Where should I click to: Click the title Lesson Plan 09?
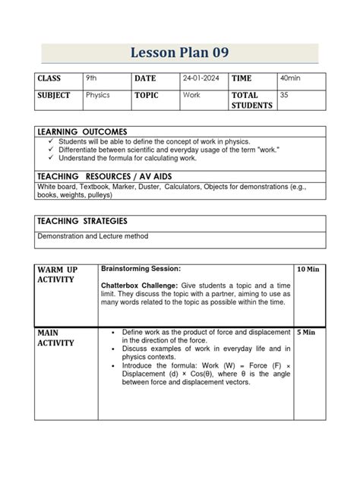(x=180, y=52)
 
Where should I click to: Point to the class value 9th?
(x=92, y=78)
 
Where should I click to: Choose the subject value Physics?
(x=98, y=96)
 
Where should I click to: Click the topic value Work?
(x=191, y=96)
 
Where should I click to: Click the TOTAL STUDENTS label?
(x=251, y=100)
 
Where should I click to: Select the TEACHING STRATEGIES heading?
(x=82, y=220)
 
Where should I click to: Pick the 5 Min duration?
(x=306, y=332)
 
